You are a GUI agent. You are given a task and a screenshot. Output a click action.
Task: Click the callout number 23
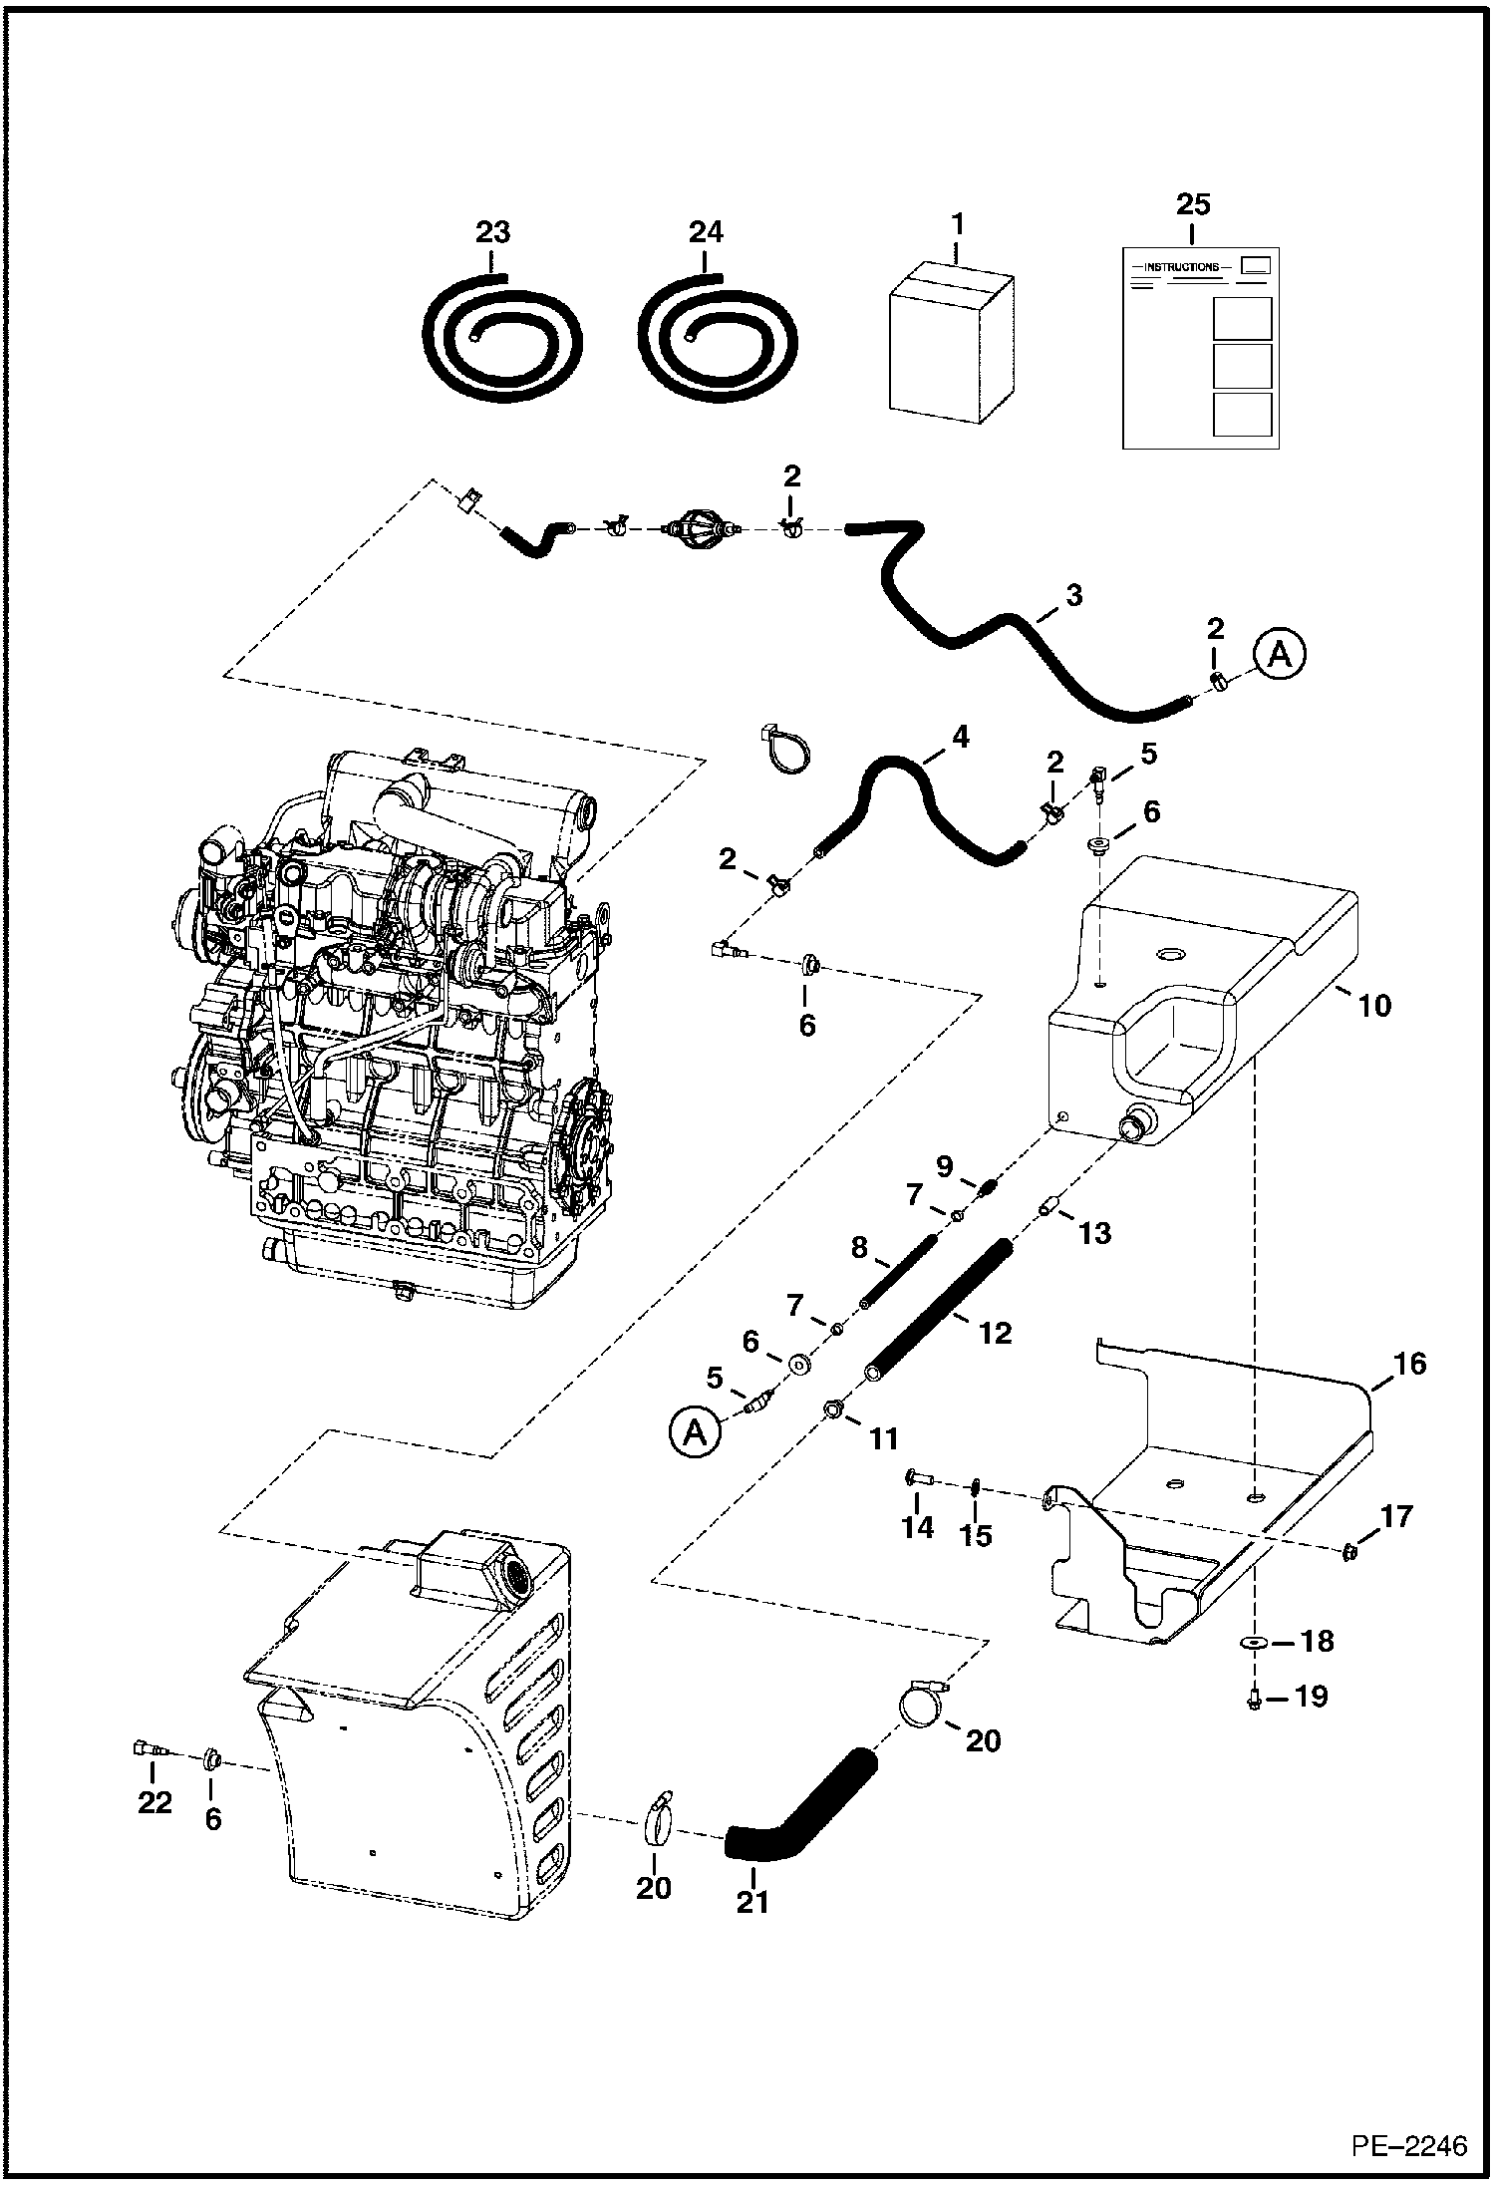[x=492, y=232]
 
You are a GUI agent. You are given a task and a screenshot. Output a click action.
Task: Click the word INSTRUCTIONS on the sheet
[x=1181, y=267]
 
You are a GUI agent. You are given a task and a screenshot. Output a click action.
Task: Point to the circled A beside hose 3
[x=1279, y=655]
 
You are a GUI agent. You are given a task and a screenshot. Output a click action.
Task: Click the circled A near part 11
[x=696, y=1432]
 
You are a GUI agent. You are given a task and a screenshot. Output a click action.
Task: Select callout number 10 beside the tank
[x=1373, y=1005]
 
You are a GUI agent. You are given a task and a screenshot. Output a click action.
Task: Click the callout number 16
[x=1410, y=1363]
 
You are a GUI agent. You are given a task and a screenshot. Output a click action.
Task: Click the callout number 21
[x=752, y=1902]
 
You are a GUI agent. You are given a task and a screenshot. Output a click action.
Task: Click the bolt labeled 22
[x=148, y=1746]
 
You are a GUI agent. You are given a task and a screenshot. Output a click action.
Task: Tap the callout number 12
[x=996, y=1332]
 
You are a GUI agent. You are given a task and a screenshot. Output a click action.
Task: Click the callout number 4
[x=960, y=738]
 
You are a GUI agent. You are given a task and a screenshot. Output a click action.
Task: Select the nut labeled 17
[x=1349, y=1577]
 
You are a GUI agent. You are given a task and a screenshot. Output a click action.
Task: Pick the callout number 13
[x=1094, y=1232]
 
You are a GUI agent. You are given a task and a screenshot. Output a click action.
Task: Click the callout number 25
[x=1193, y=204]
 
